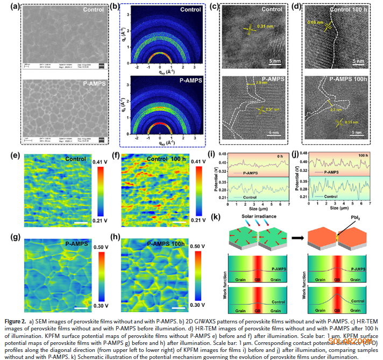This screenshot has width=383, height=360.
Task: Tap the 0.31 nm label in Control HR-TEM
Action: [x=257, y=26]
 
